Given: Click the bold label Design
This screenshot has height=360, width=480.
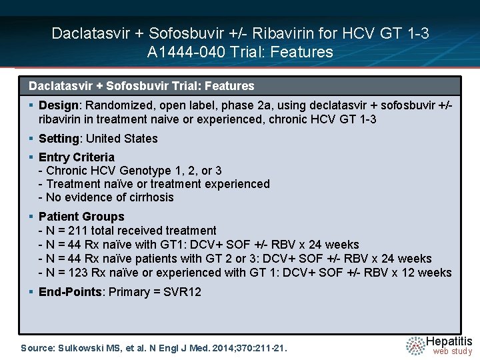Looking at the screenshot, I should click(59, 105).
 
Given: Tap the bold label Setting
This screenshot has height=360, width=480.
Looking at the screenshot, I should click(59, 139).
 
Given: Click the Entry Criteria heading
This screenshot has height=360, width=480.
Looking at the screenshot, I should click(77, 157).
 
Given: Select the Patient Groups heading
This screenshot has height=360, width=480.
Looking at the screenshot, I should click(81, 217).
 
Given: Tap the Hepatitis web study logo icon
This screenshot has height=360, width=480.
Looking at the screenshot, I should click(416, 345).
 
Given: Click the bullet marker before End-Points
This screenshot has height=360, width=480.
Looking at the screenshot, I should click(31, 292).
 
